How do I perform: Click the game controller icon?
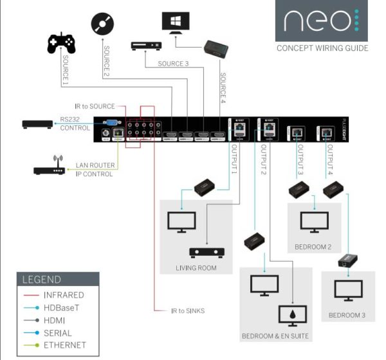coord(61,44)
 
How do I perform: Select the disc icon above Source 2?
coord(103,24)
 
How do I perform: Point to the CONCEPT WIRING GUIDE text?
coord(322,48)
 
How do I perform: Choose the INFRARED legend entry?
coord(63,295)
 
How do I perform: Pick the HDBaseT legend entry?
coord(63,307)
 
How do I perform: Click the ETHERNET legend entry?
coord(64,345)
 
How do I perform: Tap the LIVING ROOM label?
coord(195,267)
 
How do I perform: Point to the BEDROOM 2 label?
coord(314,247)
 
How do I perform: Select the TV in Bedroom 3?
coord(348,291)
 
